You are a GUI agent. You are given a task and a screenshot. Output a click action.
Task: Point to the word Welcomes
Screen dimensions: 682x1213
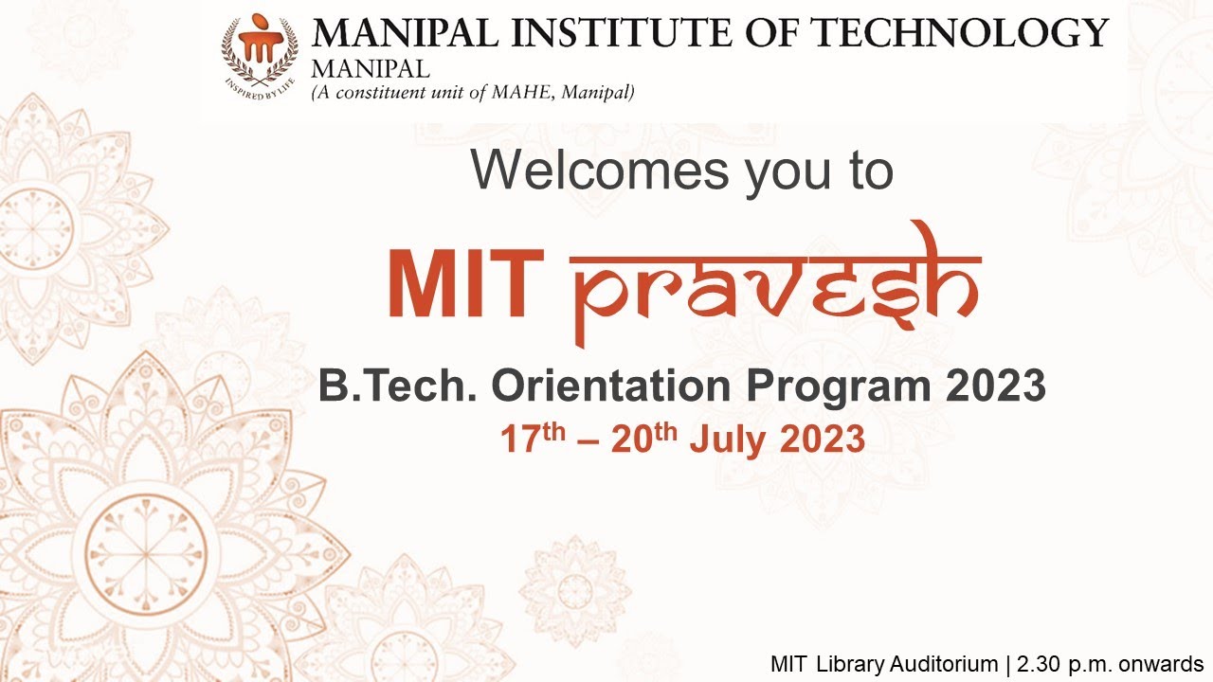[600, 170]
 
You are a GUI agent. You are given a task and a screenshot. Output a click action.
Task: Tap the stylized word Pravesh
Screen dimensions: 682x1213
[775, 284]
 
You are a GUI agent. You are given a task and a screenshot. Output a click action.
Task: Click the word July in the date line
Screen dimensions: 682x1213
[725, 440]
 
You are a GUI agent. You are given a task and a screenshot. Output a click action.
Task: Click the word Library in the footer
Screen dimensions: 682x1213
[849, 664]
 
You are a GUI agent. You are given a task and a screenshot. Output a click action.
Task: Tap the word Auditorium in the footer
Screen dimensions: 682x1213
[942, 664]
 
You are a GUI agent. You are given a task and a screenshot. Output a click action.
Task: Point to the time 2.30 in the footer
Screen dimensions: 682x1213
[1034, 664]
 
